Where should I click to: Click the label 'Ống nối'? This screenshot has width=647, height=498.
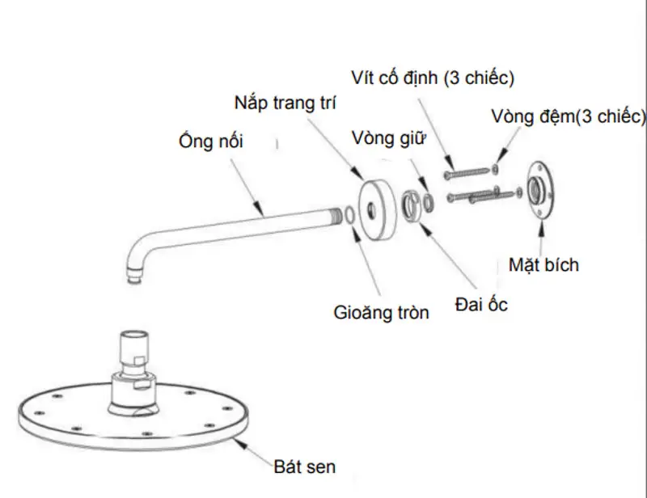pyautogui.click(x=211, y=141)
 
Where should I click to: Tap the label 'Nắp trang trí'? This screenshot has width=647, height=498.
pyautogui.click(x=285, y=103)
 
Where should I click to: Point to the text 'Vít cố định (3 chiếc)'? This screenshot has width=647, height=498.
pyautogui.click(x=433, y=78)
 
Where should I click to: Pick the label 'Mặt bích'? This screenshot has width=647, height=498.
pyautogui.click(x=543, y=264)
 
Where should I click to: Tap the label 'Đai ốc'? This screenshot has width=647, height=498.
pyautogui.click(x=482, y=306)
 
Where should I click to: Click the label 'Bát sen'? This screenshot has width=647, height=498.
pyautogui.click(x=304, y=466)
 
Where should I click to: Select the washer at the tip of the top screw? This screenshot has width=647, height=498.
pyautogui.click(x=495, y=169)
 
